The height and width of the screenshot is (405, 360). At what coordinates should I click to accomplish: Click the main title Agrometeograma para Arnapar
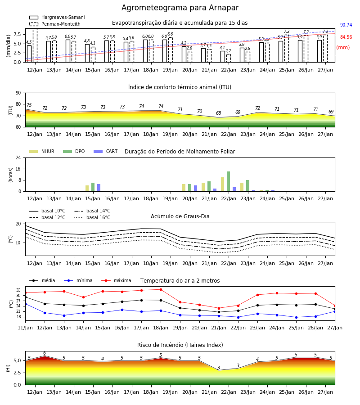(x=180, y=8)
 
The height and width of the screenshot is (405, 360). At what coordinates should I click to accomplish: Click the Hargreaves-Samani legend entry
(x=57, y=17)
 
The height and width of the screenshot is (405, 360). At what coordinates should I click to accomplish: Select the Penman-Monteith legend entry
(x=55, y=24)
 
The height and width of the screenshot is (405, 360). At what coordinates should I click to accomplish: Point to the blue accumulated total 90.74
(x=346, y=25)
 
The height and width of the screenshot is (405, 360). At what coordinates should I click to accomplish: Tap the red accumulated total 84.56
(x=346, y=37)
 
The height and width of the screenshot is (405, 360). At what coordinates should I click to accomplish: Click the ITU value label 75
(x=29, y=105)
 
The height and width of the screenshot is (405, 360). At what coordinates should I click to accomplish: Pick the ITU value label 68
(x=219, y=113)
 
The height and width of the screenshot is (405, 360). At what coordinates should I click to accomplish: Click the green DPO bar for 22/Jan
(x=228, y=181)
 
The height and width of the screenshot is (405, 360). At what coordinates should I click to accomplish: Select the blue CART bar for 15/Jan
(x=99, y=188)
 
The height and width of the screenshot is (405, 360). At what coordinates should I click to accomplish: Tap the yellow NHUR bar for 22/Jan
(x=222, y=184)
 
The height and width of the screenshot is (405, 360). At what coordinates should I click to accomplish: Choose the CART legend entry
(x=105, y=151)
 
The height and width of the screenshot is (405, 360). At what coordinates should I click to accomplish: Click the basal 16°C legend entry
(x=92, y=217)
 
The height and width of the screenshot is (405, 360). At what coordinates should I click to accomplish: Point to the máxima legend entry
(x=116, y=280)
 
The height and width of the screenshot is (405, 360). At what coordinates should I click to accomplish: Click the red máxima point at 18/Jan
(x=161, y=289)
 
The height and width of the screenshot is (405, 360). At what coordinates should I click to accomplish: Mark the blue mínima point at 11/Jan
(x=26, y=304)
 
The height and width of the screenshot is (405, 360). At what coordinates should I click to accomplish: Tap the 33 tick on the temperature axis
(x=18, y=290)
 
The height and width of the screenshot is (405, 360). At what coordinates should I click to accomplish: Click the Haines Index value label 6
(x=45, y=353)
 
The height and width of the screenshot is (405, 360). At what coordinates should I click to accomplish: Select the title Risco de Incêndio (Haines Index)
(x=180, y=345)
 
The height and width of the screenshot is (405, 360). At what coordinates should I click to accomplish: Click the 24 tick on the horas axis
(x=18, y=157)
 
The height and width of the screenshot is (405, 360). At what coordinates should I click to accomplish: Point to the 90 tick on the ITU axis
(x=18, y=93)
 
